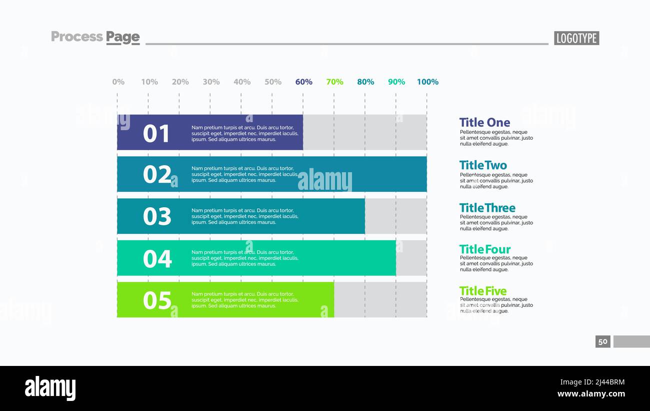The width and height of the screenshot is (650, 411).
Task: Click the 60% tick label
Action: point(303,82)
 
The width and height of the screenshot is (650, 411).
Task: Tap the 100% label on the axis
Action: point(427,82)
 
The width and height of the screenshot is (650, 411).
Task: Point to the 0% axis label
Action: point(118,82)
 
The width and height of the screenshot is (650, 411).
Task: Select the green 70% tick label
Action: point(334,82)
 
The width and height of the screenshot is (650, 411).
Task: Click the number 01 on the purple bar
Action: point(156,134)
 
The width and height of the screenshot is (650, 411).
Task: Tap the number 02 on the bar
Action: point(156,175)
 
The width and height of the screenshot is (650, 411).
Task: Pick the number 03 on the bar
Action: point(156,217)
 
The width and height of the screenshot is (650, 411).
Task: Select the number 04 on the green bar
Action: point(156,259)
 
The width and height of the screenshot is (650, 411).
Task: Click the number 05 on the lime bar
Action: point(156,300)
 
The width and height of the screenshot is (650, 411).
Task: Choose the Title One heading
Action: point(484,123)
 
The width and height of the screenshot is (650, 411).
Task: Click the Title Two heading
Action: point(483,165)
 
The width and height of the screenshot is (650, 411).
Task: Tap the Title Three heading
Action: point(487,208)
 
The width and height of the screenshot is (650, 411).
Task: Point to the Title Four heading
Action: point(485,249)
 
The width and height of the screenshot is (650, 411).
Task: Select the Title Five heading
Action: point(483,291)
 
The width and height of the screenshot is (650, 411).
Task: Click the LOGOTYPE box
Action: point(576,38)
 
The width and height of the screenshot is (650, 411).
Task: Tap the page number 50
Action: point(603,341)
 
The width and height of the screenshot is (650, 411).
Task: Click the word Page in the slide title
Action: point(122,37)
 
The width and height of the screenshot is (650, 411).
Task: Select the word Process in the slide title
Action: point(77,37)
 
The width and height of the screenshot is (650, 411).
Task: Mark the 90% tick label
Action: point(396,82)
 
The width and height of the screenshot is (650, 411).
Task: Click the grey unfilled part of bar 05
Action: point(380,300)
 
